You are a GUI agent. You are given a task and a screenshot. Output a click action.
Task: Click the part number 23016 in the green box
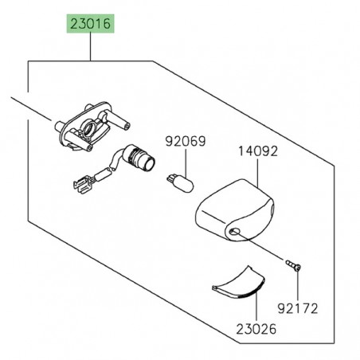(91, 25)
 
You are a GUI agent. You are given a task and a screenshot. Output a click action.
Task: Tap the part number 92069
(185, 142)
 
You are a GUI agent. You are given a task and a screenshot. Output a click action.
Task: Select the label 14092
(255, 149)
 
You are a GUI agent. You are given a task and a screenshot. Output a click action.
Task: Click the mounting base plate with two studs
(89, 128)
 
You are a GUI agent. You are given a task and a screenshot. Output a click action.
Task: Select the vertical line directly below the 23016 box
(91, 49)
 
